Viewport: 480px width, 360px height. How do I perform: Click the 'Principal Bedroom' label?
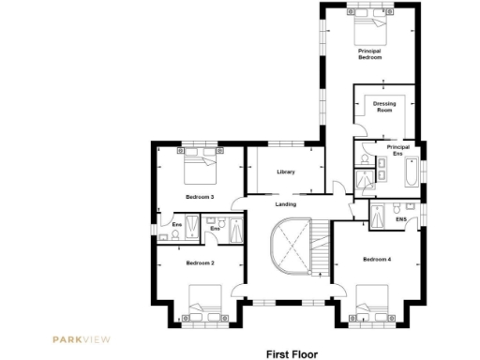click(369, 53)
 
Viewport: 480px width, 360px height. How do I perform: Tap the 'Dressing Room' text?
click(382, 106)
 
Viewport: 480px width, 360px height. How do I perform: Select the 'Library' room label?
click(286, 172)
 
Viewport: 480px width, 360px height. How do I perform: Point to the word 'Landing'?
click(286, 203)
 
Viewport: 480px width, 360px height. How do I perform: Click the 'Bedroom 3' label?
click(200, 197)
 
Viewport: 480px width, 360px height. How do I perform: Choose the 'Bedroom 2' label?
click(200, 263)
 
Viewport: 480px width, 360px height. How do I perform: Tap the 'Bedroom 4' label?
click(376, 258)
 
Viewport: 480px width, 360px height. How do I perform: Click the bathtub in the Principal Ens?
click(411, 174)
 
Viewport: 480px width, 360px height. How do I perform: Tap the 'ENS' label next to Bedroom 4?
click(400, 219)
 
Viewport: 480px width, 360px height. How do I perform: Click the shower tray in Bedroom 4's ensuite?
click(380, 215)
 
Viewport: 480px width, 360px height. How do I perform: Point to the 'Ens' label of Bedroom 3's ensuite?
click(175, 224)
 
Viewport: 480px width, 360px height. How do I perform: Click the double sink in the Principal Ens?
click(382, 169)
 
